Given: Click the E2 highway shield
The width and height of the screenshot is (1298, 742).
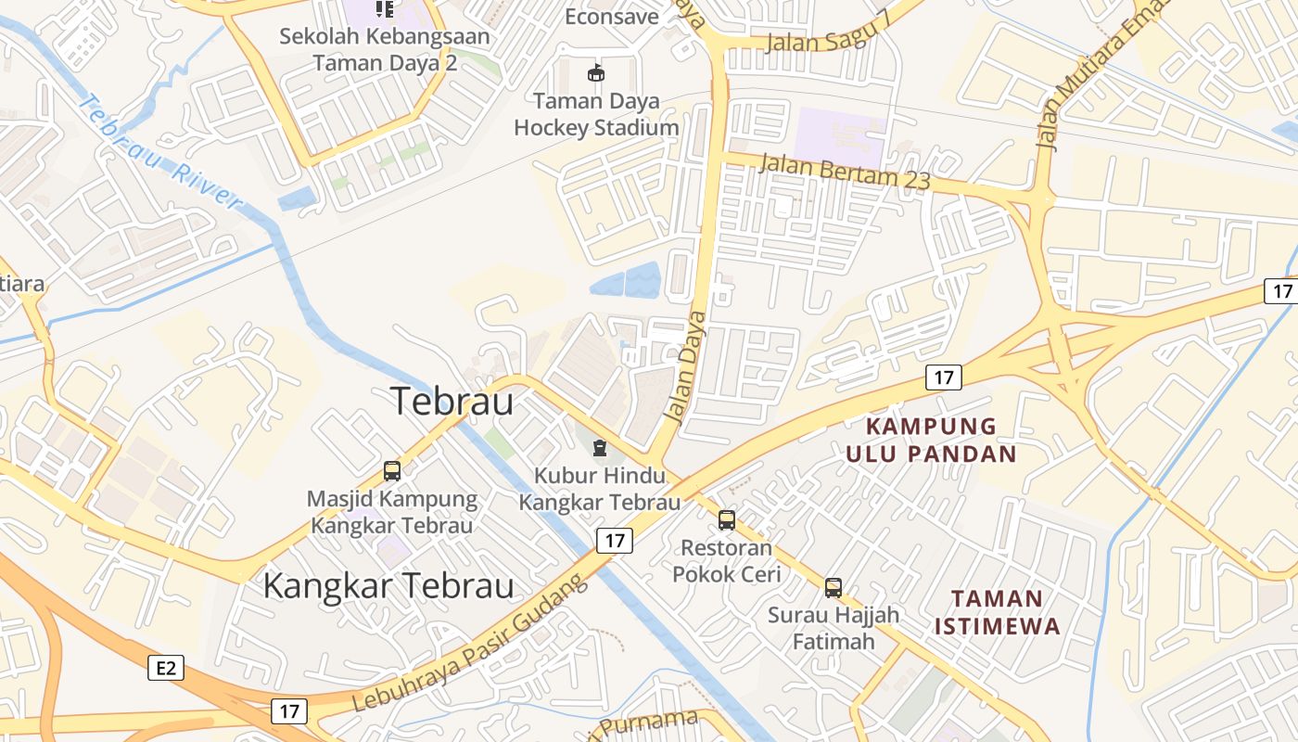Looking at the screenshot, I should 166,668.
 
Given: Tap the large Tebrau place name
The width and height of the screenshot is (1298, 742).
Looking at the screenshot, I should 452,401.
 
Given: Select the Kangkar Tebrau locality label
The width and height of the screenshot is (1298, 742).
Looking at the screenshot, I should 388,586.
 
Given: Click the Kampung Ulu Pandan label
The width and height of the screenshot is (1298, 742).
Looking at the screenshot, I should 930,441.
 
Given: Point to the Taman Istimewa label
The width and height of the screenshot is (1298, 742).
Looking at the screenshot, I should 997,611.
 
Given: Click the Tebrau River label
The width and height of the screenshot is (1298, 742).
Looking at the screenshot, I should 159,153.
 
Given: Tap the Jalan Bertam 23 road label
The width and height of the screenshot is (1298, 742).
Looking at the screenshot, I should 844,173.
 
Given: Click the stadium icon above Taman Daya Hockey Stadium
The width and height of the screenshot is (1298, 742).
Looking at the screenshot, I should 596,72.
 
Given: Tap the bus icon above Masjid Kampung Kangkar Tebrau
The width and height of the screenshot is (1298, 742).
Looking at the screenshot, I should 392,470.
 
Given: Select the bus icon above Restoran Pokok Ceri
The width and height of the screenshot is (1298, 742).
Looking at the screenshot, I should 727,520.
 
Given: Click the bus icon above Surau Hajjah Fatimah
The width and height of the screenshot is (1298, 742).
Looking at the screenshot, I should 834,587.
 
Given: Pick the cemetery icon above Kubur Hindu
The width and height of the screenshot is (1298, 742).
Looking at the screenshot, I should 600,449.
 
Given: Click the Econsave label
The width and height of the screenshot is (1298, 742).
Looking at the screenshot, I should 612,17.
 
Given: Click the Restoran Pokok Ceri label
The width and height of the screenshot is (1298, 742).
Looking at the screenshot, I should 727,561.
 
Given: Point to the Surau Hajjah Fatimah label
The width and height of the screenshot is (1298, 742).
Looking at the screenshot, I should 834,628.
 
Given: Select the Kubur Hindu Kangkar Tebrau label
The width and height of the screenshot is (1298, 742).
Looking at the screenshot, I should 600,489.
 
